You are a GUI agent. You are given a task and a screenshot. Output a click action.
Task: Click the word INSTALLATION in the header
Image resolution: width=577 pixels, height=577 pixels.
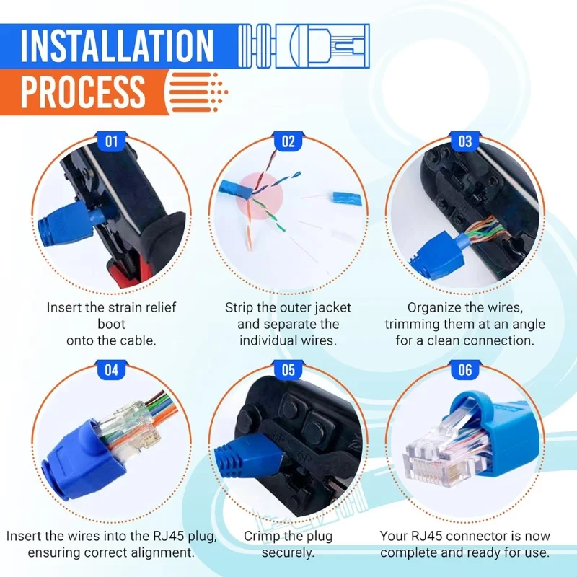[x=117, y=45]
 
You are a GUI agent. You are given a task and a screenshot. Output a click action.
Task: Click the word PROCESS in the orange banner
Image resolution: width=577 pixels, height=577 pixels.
[x=83, y=92]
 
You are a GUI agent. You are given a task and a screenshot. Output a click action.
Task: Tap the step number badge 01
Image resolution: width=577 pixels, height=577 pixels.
[x=112, y=141]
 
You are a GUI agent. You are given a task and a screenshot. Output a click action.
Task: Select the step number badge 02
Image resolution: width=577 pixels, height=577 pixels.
[x=288, y=141]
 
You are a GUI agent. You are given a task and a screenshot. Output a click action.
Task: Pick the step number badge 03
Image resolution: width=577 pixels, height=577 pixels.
[x=465, y=141]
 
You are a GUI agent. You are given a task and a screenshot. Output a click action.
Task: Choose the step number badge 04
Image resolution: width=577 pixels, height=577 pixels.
[x=112, y=370]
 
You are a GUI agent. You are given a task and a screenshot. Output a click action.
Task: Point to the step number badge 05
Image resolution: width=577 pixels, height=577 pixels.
[x=288, y=370]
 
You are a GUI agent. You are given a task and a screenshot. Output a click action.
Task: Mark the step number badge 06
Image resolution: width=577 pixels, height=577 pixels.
[x=465, y=370]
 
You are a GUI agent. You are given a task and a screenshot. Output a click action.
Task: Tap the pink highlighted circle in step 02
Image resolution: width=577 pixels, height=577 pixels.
[x=260, y=196]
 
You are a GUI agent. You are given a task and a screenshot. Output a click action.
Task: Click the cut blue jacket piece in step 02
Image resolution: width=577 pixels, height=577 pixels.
[x=347, y=199]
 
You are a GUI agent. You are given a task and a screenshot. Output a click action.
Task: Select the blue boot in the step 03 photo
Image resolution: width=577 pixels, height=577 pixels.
[x=439, y=255]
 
